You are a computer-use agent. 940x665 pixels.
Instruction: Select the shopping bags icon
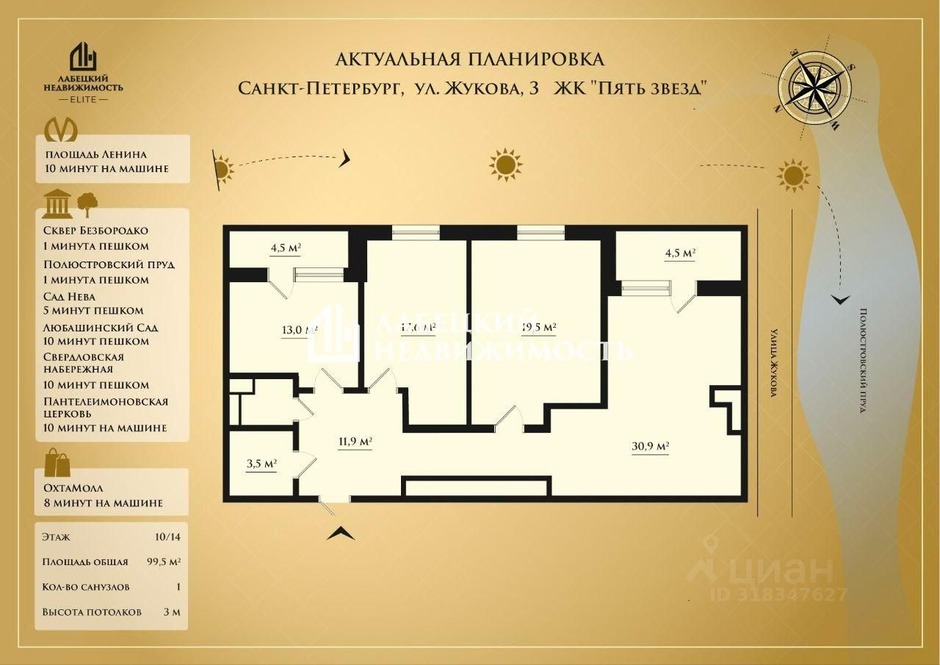pyautogui.click(x=57, y=464)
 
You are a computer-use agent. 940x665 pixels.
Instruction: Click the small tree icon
pyautogui.click(x=87, y=204)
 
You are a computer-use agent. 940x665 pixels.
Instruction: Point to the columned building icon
pyautogui.click(x=57, y=204)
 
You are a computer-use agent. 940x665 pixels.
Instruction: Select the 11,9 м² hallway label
pyautogui.click(x=355, y=442)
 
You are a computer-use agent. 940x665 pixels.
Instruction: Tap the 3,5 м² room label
pyautogui.click(x=261, y=464)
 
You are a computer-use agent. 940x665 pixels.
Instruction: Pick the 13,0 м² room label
pyautogui.click(x=298, y=329)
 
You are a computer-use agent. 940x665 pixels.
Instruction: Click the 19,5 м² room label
pyautogui.click(x=538, y=327)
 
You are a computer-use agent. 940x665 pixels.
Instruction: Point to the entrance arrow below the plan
pyautogui.click(x=341, y=533)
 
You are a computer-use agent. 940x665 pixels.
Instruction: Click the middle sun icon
pyautogui.click(x=505, y=165)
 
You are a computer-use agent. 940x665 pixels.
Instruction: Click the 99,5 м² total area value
pyautogui.click(x=164, y=562)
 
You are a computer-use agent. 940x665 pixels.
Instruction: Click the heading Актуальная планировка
pyautogui.click(x=469, y=59)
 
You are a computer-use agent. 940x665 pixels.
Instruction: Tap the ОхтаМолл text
pyautogui.click(x=73, y=488)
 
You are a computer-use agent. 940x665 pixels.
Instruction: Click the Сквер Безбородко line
pyautogui.click(x=95, y=231)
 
